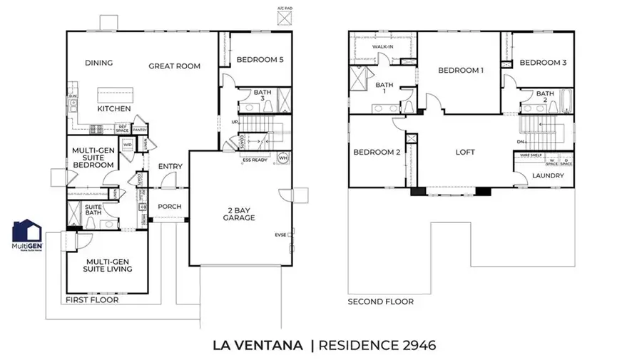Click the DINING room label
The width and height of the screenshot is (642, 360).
[99, 63]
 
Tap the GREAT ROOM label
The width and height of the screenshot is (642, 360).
[174, 66]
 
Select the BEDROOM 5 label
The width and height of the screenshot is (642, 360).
[260, 60]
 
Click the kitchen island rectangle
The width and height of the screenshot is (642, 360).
[116, 93]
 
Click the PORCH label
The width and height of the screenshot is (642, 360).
[170, 207]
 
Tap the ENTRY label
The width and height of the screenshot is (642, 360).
[170, 167]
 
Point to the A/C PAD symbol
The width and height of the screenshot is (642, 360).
[284, 17]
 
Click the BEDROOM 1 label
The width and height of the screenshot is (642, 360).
[461, 70]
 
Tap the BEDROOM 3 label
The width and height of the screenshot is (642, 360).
[543, 63]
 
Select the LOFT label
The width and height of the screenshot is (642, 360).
[465, 152]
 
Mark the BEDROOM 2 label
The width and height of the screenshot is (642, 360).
[377, 152]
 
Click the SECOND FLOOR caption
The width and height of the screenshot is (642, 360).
[380, 302]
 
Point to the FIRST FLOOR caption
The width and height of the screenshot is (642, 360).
[92, 300]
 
